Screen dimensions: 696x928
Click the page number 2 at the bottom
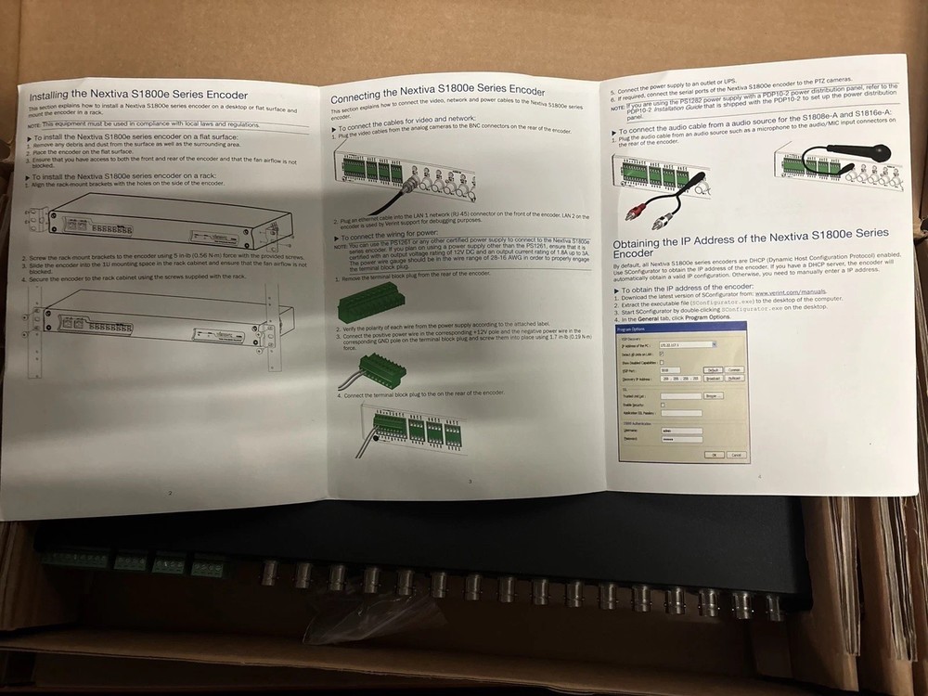coord(170,492)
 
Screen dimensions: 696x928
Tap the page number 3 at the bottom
coord(470,480)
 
